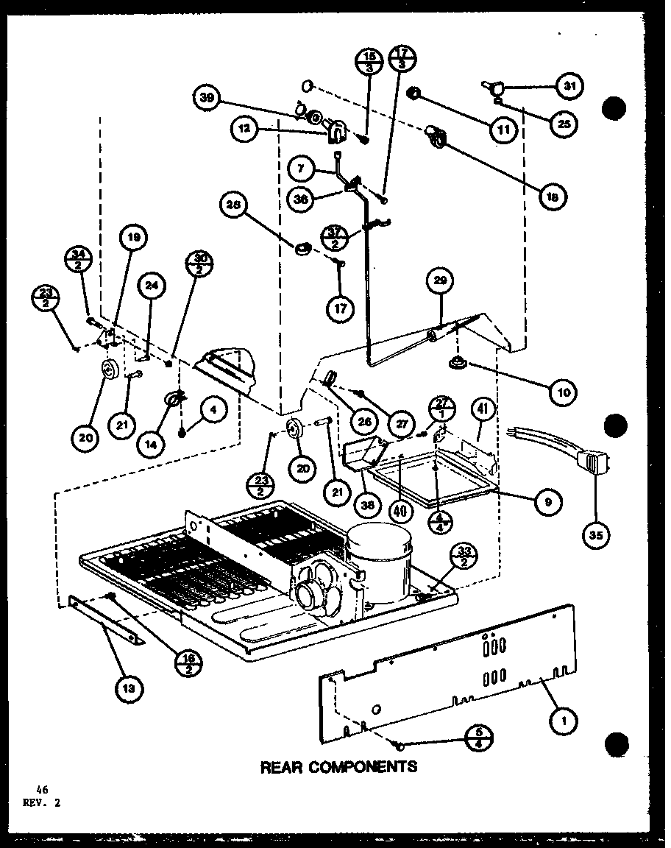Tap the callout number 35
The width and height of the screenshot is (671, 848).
click(x=596, y=536)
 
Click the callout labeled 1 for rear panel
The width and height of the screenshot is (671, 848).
click(x=564, y=722)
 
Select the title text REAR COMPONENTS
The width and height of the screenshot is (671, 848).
click(x=338, y=766)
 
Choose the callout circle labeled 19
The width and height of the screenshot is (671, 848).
click(x=134, y=239)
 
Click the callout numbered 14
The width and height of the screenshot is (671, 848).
click(x=152, y=444)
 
